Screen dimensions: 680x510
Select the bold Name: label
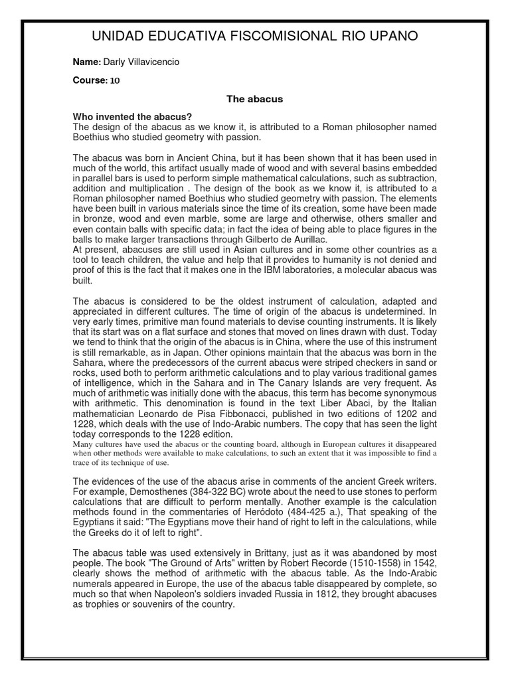(86, 62)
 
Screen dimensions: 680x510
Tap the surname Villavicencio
(151, 62)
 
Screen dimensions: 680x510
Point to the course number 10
(115, 80)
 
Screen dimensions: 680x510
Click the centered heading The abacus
(255, 99)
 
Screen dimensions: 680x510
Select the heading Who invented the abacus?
(132, 117)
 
